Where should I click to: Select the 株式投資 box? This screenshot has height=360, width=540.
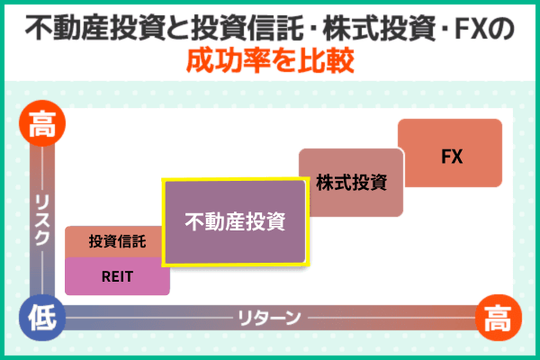tap(351, 184)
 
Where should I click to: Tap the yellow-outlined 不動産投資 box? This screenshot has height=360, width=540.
tap(235, 221)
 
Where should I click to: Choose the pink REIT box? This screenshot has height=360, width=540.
tap(118, 275)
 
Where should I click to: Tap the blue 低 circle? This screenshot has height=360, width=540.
tap(40, 316)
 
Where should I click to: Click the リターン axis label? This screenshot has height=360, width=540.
tap(267, 317)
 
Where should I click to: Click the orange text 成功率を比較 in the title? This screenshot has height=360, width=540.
tap(270, 62)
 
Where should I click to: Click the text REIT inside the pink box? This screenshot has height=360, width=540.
tap(118, 276)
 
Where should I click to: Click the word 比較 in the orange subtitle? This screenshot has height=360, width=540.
tap(326, 62)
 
